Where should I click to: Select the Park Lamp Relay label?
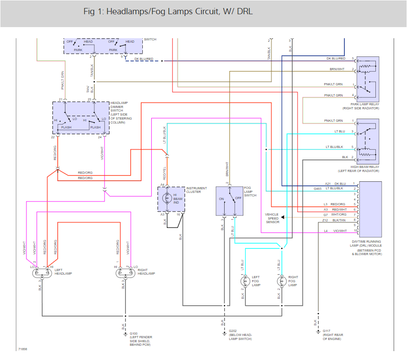click(x=361, y=106)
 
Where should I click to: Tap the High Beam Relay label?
click(x=361, y=169)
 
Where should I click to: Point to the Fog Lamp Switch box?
click(x=229, y=201)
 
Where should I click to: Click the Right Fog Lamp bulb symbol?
click(x=281, y=281)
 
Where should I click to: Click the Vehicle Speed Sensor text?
click(x=272, y=218)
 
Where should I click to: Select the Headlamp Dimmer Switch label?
click(x=121, y=112)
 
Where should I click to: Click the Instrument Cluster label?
click(x=196, y=190)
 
